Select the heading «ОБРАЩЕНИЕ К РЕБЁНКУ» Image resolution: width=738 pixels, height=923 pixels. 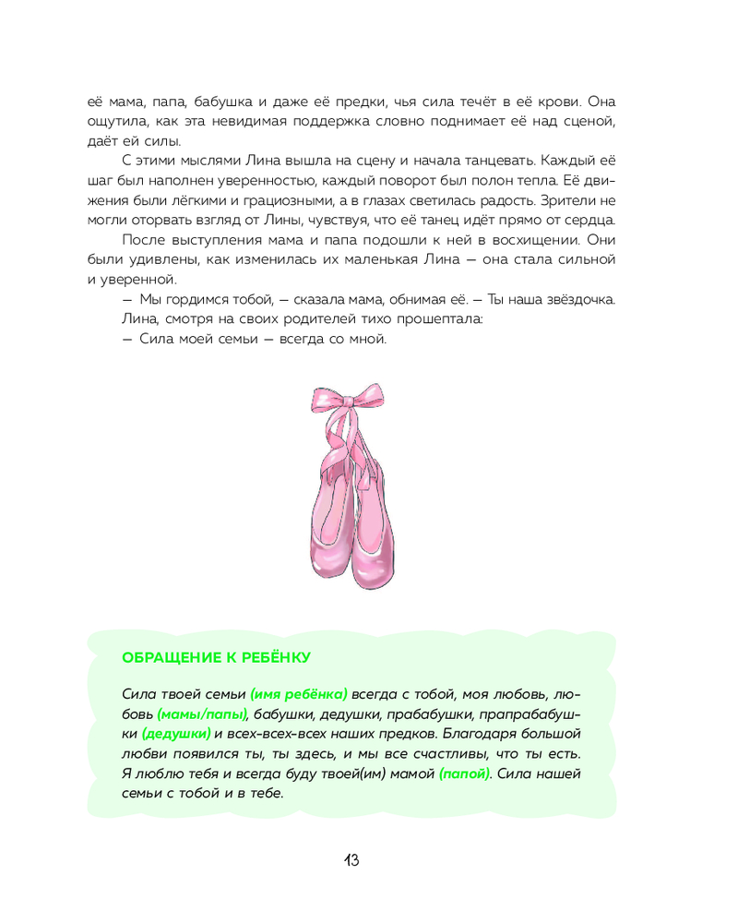coord(217,657)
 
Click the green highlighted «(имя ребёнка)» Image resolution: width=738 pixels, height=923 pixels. coord(299,694)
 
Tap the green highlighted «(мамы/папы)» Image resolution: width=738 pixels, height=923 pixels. coord(202,713)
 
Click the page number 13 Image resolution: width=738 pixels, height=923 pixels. coord(351,860)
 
